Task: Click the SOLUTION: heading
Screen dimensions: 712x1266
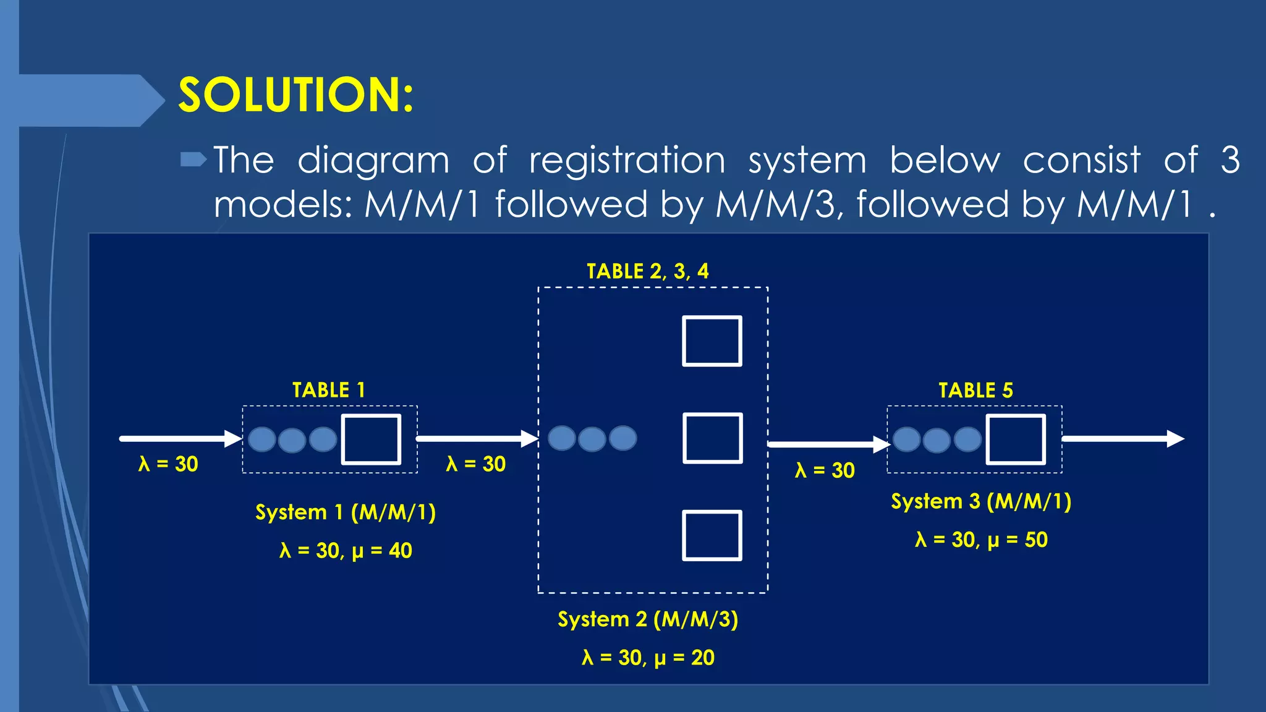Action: (x=295, y=95)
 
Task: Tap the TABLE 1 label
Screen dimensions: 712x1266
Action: (x=329, y=391)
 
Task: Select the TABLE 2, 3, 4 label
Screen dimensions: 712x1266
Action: (x=647, y=271)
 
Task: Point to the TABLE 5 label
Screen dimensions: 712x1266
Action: (x=975, y=391)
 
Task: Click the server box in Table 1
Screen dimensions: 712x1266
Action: (x=371, y=439)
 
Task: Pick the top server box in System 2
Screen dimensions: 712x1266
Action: (x=712, y=341)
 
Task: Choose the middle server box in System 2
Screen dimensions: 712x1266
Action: (x=712, y=438)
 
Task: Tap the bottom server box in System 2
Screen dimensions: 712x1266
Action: (x=712, y=535)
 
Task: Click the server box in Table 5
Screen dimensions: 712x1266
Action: (x=1016, y=439)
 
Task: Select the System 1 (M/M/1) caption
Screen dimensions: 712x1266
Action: (x=346, y=512)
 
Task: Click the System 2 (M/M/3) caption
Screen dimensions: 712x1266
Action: (x=648, y=619)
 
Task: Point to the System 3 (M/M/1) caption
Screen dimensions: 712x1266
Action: (x=981, y=501)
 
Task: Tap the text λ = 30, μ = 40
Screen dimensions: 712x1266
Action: (x=346, y=551)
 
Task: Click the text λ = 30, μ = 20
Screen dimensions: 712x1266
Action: (x=648, y=658)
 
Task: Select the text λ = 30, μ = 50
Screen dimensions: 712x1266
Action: (x=981, y=540)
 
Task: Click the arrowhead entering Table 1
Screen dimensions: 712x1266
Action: (x=234, y=439)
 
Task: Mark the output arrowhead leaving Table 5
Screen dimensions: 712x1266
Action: (x=1175, y=439)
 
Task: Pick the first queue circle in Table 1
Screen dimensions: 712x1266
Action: (x=262, y=439)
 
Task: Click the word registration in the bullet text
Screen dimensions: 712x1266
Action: (x=627, y=161)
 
